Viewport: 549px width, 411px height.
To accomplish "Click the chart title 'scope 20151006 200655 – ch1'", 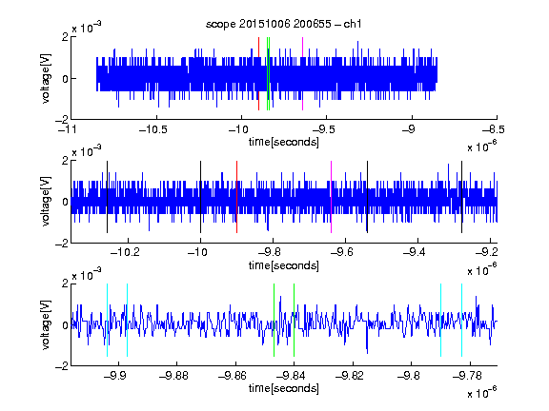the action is pyautogui.click(x=283, y=24).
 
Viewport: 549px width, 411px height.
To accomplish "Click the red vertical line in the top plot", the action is pyautogui.click(x=258, y=74).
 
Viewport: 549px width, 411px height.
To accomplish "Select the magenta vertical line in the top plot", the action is pyautogui.click(x=302, y=74).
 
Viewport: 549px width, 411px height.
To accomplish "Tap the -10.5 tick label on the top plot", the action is pyautogui.click(x=153, y=129).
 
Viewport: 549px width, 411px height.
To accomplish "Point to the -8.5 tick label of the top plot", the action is pyautogui.click(x=493, y=129).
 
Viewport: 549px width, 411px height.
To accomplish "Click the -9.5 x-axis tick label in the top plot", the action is pyautogui.click(x=323, y=129).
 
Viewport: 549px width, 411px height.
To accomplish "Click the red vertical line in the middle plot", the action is pyautogui.click(x=236, y=197).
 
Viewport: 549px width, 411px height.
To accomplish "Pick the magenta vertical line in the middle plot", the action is pyautogui.click(x=332, y=197).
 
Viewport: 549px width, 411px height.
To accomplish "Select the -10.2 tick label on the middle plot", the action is pyautogui.click(x=125, y=251).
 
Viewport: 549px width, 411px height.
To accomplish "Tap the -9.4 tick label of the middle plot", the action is pyautogui.click(x=415, y=251).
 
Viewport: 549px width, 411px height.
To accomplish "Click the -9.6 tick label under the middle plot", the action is pyautogui.click(x=342, y=251).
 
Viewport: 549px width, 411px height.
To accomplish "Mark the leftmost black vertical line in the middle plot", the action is pyautogui.click(x=107, y=197).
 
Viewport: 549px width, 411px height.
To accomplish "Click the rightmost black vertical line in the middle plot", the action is pyautogui.click(x=462, y=197).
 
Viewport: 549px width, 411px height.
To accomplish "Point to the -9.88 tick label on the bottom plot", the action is pyautogui.click(x=174, y=376).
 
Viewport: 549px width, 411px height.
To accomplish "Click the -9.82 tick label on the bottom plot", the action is pyautogui.click(x=350, y=376).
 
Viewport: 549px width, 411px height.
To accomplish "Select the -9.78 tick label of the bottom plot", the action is pyautogui.click(x=467, y=376).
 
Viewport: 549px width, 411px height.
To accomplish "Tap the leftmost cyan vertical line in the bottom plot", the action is pyautogui.click(x=107, y=320).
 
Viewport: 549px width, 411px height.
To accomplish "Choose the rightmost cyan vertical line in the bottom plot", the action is pyautogui.click(x=462, y=320).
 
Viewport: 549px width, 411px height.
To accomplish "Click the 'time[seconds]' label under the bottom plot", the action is pyautogui.click(x=284, y=388).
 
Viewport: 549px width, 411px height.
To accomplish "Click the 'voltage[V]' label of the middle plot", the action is pyautogui.click(x=46, y=202).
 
